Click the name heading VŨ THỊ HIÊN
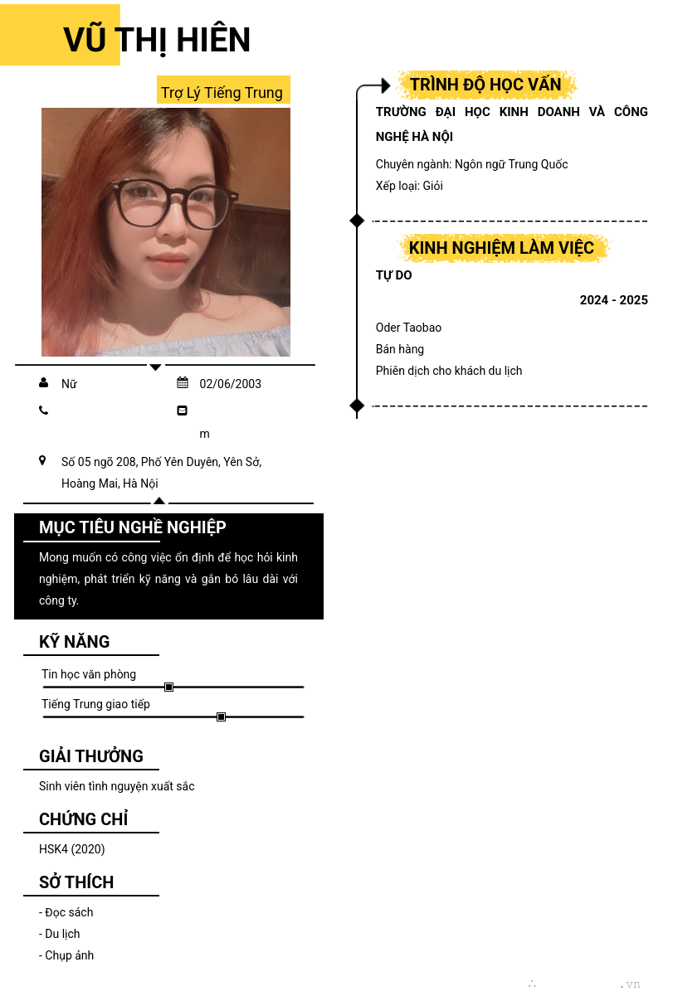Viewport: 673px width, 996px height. pyautogui.click(x=157, y=40)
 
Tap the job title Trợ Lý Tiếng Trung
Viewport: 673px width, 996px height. pyautogui.click(x=222, y=92)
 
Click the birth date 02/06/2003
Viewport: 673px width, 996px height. pyautogui.click(x=230, y=383)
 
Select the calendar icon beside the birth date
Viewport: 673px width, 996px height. pyautogui.click(x=183, y=382)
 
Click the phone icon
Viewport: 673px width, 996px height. pyautogui.click(x=43, y=410)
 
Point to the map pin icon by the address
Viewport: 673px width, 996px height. pyautogui.click(x=42, y=460)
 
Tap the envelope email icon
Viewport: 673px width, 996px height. pyautogui.click(x=183, y=410)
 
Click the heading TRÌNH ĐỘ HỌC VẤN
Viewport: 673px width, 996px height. pyautogui.click(x=485, y=85)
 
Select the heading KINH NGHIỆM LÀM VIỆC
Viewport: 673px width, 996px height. pyautogui.click(x=501, y=248)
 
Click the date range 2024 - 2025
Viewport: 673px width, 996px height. pyautogui.click(x=613, y=300)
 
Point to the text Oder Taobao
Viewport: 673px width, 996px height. pyautogui.click(x=408, y=328)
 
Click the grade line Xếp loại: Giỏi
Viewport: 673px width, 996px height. pyautogui.click(x=409, y=186)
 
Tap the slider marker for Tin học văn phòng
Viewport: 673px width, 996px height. pyautogui.click(x=168, y=687)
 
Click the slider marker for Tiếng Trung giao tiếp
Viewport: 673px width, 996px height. pyautogui.click(x=221, y=717)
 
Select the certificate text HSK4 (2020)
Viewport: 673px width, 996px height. pyautogui.click(x=72, y=849)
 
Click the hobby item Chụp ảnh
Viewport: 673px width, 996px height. pyautogui.click(x=66, y=955)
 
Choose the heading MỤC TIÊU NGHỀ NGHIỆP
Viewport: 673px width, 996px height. pyautogui.click(x=133, y=527)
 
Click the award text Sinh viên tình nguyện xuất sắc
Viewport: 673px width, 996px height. pyautogui.click(x=117, y=786)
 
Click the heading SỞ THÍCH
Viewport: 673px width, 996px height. pyautogui.click(x=76, y=882)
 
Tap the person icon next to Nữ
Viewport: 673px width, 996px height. pyautogui.click(x=43, y=383)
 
